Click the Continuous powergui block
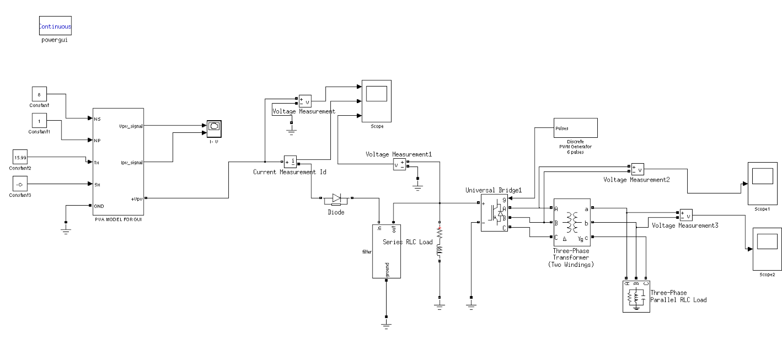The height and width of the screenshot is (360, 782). (x=55, y=26)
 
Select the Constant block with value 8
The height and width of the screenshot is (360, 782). (x=39, y=94)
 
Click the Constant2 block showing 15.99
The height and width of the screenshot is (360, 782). (x=20, y=157)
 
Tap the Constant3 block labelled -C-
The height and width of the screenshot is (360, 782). (x=20, y=184)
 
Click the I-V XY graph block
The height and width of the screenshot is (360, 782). (x=214, y=128)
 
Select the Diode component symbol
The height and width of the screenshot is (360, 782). (x=336, y=198)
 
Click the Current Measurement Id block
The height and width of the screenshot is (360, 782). (x=290, y=162)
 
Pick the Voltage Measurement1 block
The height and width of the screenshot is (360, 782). (x=400, y=165)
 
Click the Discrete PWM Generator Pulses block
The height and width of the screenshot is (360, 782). (x=575, y=128)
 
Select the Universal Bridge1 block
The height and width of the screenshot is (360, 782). (x=495, y=213)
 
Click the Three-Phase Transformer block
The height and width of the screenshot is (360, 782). (x=572, y=222)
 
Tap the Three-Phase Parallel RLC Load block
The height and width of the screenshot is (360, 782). (x=636, y=296)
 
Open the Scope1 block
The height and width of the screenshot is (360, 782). (x=762, y=183)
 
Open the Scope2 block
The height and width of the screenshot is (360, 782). (x=767, y=249)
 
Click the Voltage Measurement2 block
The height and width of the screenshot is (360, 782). (x=637, y=169)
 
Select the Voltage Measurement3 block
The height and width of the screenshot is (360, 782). (x=686, y=215)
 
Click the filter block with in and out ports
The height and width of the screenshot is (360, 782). (x=386, y=251)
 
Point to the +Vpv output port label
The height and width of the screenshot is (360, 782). (x=136, y=199)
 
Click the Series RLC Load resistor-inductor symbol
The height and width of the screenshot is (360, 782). (x=439, y=243)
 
